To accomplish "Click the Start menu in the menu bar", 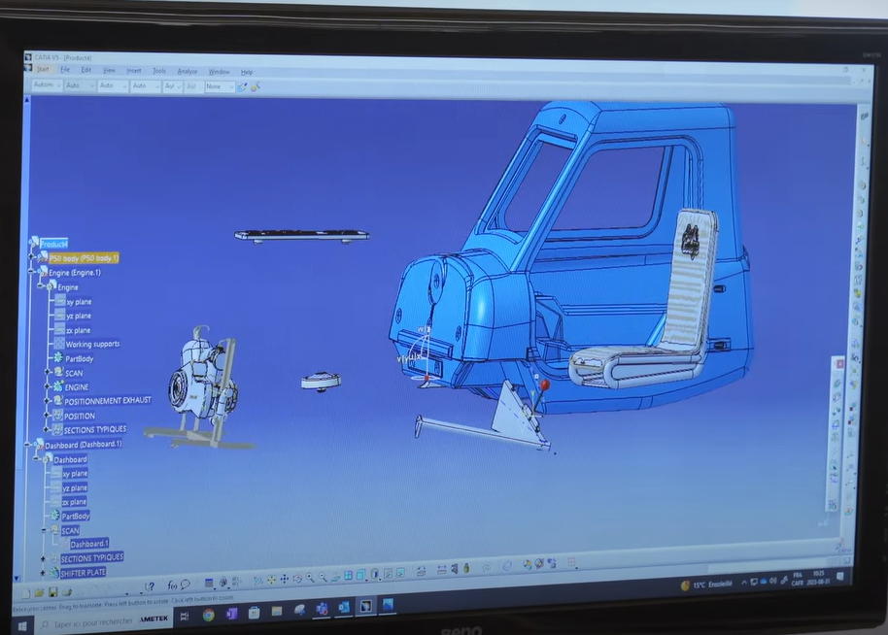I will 43,69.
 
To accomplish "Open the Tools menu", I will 159,71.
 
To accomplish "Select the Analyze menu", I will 188,71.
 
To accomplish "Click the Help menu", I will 247,72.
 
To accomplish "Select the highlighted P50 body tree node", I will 84,258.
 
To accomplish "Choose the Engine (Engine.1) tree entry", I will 75,273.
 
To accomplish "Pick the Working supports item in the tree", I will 92,344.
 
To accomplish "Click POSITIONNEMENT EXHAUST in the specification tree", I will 107,401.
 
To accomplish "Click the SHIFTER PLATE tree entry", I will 83,573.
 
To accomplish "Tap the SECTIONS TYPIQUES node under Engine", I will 94,429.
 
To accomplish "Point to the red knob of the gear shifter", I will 545,385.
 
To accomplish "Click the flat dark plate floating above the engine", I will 301,235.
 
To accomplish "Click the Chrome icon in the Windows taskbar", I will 208,615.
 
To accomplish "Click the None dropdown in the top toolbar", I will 218,86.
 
